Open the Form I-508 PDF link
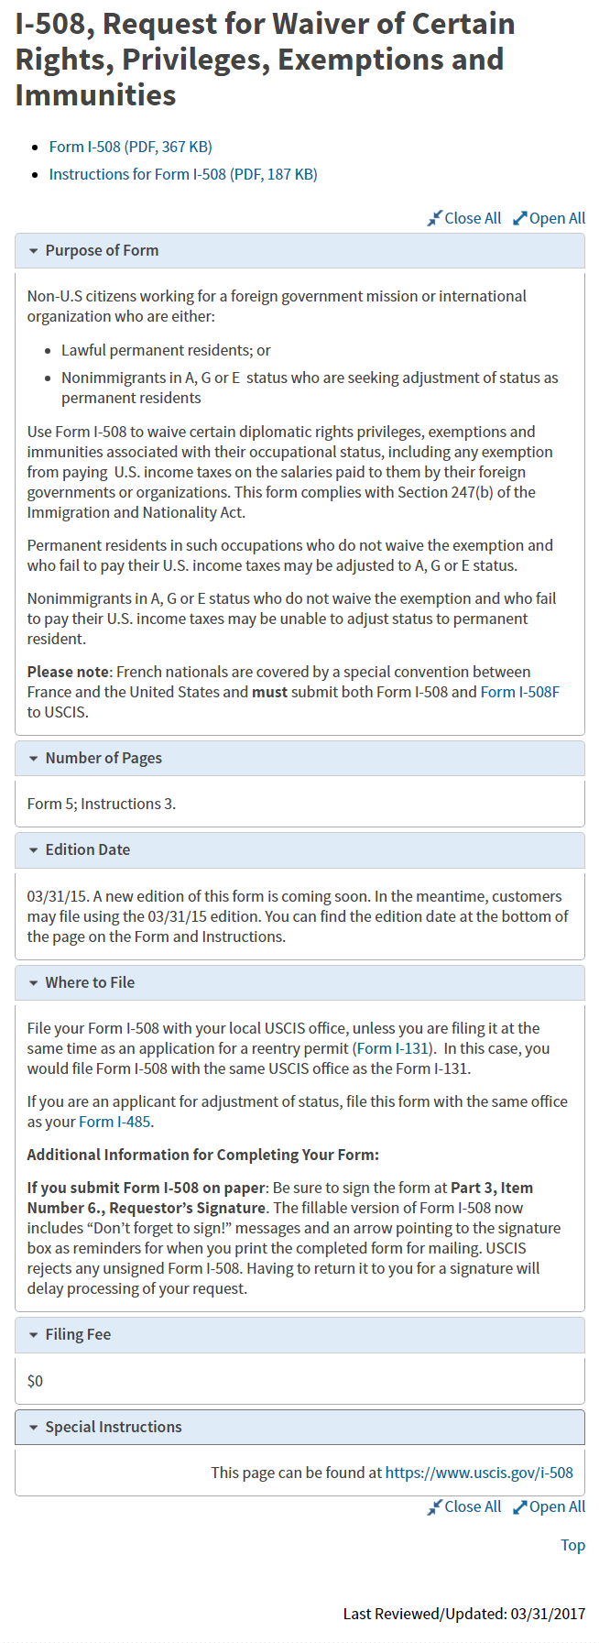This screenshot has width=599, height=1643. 130,147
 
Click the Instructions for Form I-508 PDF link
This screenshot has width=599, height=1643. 183,174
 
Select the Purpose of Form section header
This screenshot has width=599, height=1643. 102,250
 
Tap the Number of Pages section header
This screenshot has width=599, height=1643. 103,758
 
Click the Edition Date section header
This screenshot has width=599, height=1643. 88,849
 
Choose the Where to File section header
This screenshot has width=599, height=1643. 90,982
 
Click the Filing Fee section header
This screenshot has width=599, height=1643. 78,1334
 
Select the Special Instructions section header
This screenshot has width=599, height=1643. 114,1427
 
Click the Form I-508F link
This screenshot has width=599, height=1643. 519,692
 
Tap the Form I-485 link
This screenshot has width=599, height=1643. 114,1122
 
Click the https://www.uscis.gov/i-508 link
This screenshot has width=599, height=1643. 479,1473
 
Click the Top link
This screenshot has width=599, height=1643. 572,1545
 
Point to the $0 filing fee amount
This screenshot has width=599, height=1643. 35,1381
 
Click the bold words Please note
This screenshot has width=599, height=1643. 69,672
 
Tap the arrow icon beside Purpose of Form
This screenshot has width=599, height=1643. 34,251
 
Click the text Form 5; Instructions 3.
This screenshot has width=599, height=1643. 101,804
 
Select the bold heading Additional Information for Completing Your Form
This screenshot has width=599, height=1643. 202,1155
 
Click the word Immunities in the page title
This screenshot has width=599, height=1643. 95,95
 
